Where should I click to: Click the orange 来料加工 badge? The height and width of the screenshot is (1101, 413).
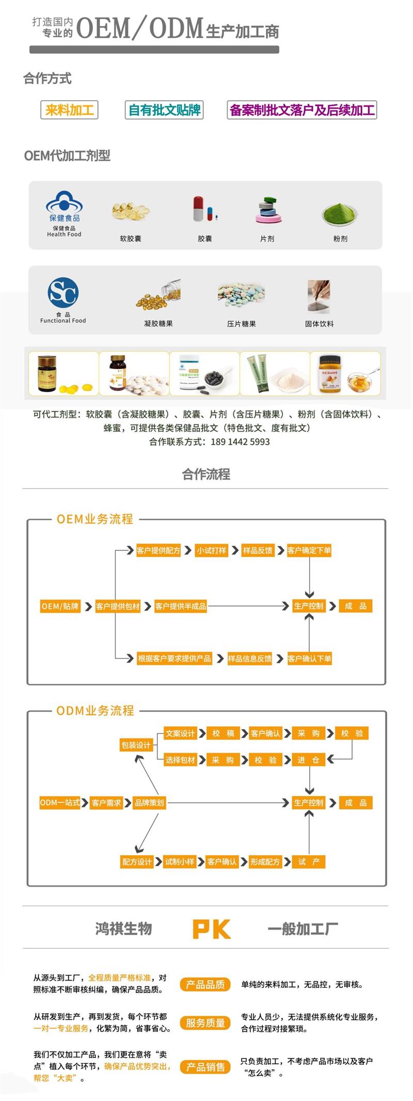coord(69,110)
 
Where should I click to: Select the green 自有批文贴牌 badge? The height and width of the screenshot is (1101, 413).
coord(164,110)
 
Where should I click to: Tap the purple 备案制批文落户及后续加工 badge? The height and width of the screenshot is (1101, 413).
coord(302,110)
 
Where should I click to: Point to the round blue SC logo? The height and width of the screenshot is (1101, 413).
coord(63,293)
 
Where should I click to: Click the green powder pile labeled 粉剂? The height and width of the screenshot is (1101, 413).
coord(340,212)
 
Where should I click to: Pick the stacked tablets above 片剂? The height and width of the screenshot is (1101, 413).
coord(267,210)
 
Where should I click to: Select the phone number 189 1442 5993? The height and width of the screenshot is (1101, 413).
coord(240,442)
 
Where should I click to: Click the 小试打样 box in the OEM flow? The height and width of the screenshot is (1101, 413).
coord(212,550)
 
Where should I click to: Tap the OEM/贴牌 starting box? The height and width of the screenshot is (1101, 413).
coord(60,606)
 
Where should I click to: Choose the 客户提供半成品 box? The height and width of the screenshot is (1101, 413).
coord(181,606)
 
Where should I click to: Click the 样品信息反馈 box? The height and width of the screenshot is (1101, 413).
coord(250,658)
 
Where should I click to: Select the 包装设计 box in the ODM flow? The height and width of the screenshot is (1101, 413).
coord(136,745)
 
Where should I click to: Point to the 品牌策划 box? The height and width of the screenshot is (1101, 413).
coord(149,803)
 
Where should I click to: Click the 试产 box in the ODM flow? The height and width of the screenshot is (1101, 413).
coord(309,861)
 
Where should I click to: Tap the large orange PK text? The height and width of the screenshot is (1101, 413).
coord(212,929)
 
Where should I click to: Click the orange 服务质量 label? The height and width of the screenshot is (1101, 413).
coord(205,1023)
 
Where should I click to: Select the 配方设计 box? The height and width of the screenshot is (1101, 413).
coord(137,861)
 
